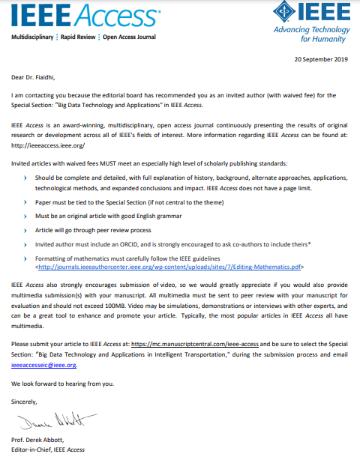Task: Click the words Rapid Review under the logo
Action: tap(77, 37)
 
